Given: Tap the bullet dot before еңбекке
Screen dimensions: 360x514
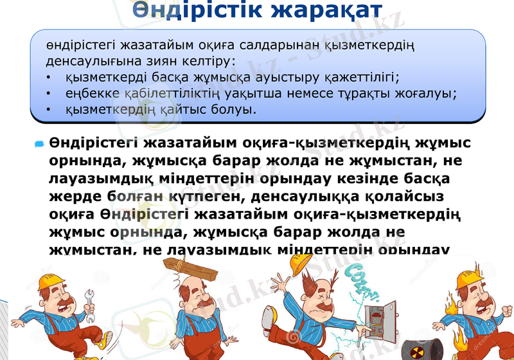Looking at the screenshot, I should click(49, 94).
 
